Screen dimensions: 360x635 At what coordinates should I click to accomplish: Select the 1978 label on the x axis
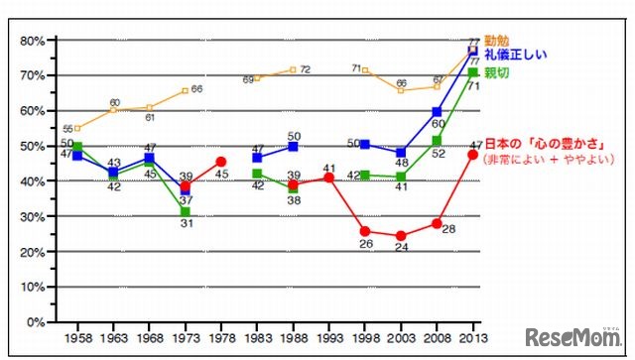[218, 337]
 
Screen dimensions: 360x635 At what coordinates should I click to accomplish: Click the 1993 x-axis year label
[328, 337]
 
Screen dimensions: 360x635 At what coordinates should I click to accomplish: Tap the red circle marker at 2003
[401, 236]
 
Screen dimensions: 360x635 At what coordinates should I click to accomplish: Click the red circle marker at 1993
[328, 178]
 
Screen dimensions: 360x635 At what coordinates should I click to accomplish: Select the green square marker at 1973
[184, 212]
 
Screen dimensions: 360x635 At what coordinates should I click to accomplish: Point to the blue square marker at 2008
[437, 111]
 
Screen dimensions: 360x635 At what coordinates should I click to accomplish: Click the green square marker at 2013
[473, 72]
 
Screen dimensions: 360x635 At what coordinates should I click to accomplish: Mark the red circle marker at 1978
[219, 162]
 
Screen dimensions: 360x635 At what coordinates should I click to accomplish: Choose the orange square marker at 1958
[77, 128]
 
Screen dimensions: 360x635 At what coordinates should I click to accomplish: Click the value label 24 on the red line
[401, 250]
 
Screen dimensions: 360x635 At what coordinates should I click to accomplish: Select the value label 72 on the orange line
[306, 70]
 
